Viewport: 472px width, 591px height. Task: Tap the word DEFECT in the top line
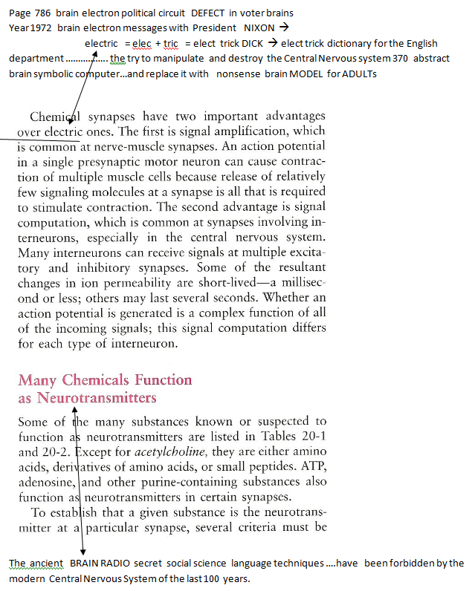click(x=213, y=13)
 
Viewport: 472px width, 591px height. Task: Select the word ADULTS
click(x=358, y=73)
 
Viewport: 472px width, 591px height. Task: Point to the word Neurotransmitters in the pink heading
click(x=97, y=398)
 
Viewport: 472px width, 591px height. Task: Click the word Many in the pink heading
click(x=38, y=380)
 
